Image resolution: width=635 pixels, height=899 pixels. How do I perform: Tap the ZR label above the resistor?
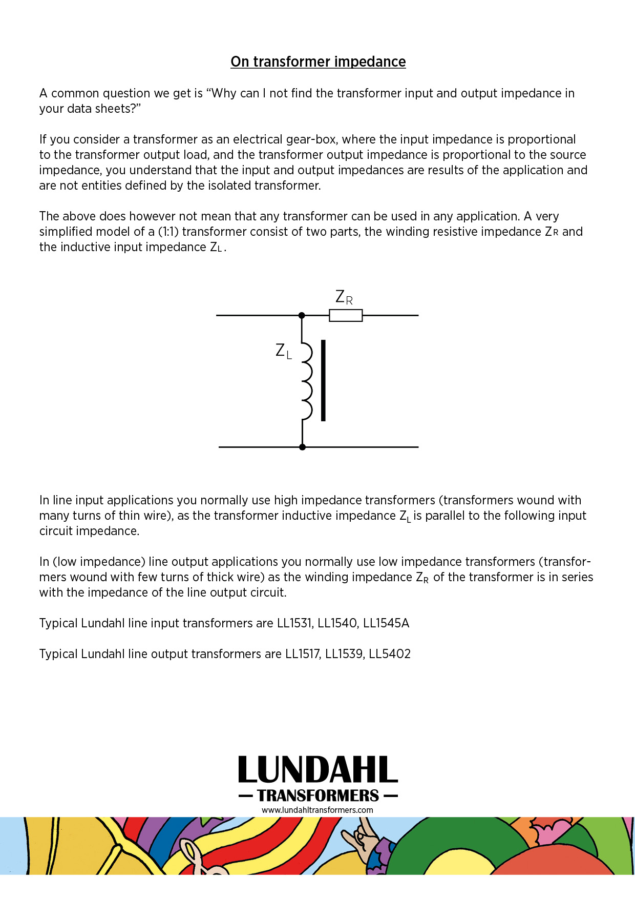[x=344, y=297]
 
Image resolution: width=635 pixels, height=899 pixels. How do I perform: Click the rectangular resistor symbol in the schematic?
[x=346, y=315]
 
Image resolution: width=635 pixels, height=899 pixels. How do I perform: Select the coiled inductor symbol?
[x=306, y=380]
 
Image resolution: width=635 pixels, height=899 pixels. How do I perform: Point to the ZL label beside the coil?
[x=283, y=351]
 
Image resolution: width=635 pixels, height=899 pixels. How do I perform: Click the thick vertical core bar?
[x=323, y=380]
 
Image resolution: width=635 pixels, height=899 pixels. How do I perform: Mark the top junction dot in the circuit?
[x=302, y=315]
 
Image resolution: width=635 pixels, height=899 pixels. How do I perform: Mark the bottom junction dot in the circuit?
[x=302, y=447]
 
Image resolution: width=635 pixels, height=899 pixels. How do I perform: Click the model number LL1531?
[x=294, y=623]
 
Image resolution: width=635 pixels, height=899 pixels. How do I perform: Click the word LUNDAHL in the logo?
[x=317, y=770]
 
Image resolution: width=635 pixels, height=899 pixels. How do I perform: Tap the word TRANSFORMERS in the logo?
[x=317, y=795]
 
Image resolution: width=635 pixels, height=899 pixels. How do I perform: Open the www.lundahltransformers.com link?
[x=317, y=810]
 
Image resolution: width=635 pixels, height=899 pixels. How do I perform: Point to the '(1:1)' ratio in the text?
[x=168, y=232]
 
